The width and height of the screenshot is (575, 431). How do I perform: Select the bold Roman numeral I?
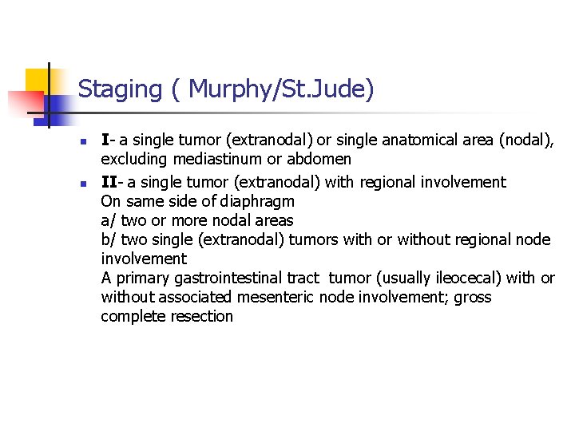105,140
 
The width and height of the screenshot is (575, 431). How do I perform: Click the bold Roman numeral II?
108,182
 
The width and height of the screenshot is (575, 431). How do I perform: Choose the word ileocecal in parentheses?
467,278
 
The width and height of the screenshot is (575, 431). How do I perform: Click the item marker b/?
109,239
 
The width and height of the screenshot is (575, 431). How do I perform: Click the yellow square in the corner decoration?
37,80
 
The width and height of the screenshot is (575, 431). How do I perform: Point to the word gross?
473,297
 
